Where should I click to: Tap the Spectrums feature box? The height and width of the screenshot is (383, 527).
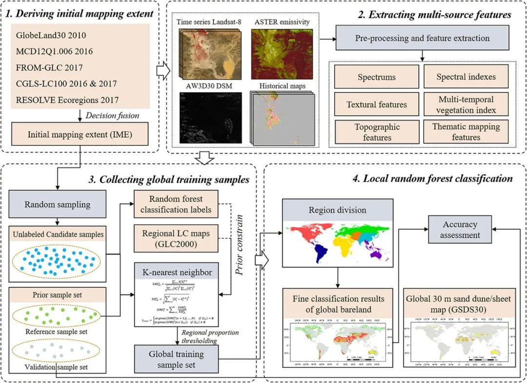pos(376,77)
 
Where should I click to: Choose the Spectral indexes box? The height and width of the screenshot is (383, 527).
pos(466,77)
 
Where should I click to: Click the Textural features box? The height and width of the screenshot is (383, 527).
pos(376,104)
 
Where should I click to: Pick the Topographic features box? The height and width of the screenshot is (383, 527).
pos(376,132)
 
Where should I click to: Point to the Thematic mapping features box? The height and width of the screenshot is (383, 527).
pos(466,132)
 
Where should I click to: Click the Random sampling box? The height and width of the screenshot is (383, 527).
pos(57,204)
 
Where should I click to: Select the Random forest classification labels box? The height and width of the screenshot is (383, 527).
pos(176,204)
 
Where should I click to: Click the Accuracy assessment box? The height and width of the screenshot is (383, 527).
pos(460,230)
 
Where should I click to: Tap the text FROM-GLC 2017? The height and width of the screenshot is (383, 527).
pos(49,68)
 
